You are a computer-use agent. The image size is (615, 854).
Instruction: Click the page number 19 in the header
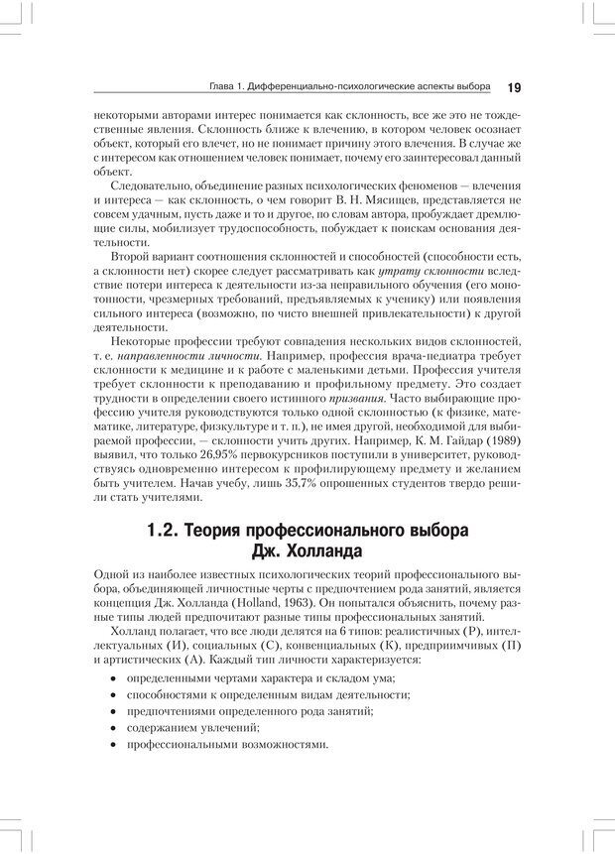tap(514, 87)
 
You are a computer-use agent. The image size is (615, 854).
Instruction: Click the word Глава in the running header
tap(212, 87)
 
